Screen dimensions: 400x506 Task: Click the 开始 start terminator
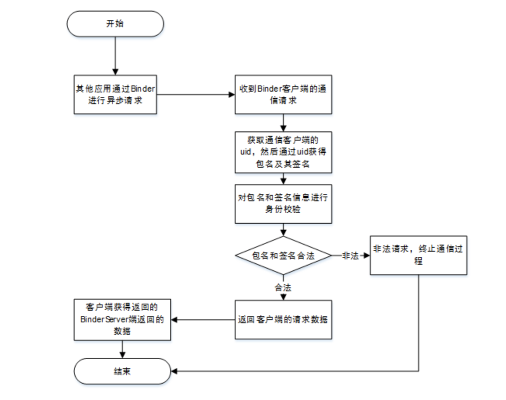tap(115, 24)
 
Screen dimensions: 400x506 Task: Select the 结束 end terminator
tap(122, 371)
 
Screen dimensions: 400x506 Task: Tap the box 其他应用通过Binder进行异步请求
tap(115, 94)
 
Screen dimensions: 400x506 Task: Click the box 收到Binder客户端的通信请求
tap(283, 94)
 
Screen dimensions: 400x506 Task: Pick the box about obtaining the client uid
tap(283, 152)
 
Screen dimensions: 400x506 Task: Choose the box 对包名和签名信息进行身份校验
tap(283, 203)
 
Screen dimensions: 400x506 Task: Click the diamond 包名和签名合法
tap(283, 256)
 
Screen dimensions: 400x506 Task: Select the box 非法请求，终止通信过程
tap(418, 255)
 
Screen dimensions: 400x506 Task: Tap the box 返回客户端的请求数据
tap(283, 320)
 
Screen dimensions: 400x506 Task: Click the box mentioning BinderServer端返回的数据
tap(122, 320)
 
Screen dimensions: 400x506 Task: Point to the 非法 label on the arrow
tap(350, 256)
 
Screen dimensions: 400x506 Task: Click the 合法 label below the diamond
tap(283, 288)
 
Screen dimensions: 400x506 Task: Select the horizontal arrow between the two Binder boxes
tap(196, 94)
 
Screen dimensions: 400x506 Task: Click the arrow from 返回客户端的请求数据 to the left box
tap(203, 320)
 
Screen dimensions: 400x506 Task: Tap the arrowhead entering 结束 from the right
tap(174, 371)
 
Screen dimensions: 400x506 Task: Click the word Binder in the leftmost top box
tap(143, 89)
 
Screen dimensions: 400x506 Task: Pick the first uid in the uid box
tap(245, 152)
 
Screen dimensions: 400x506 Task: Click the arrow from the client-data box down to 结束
tap(122, 349)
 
